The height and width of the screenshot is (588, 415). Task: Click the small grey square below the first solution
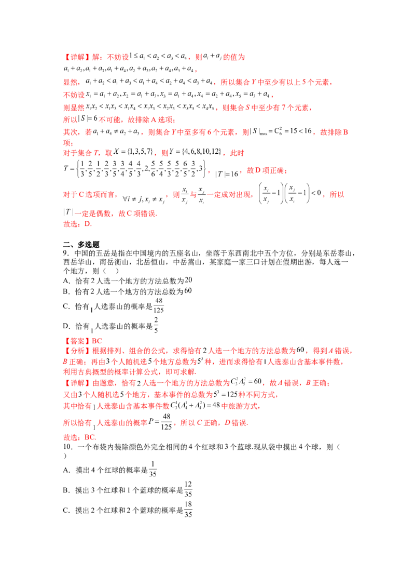pos(93,326)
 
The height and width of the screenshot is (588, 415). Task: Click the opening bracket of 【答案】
pos(65,341)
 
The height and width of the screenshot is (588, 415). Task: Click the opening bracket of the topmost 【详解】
pos(65,57)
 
